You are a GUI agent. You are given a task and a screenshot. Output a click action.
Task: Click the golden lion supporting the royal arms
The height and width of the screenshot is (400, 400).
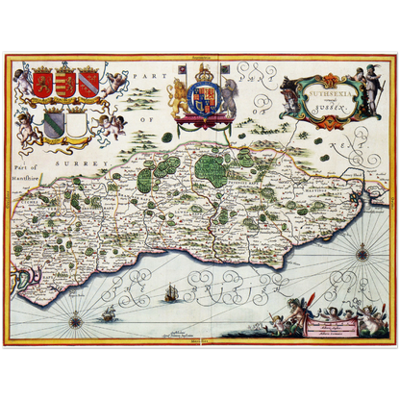179,99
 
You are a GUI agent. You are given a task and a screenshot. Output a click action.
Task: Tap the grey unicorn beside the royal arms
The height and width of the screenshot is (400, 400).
229,99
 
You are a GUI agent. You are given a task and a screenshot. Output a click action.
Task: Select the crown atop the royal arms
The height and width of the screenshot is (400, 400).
204,74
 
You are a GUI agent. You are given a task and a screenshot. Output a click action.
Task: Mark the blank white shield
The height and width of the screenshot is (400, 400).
77,125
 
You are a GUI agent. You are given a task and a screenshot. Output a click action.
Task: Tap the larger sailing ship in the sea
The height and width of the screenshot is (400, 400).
170,292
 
